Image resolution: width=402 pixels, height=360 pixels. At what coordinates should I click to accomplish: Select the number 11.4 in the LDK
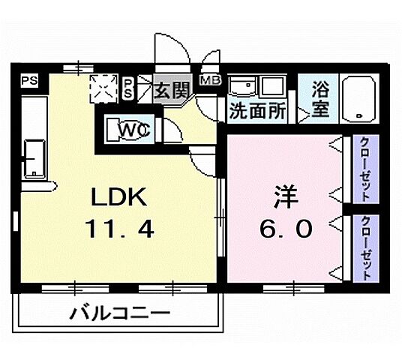121,229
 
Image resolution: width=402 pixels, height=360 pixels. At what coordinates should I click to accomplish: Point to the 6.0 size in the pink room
284,228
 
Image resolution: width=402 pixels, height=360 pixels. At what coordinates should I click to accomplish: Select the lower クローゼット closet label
364,248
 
